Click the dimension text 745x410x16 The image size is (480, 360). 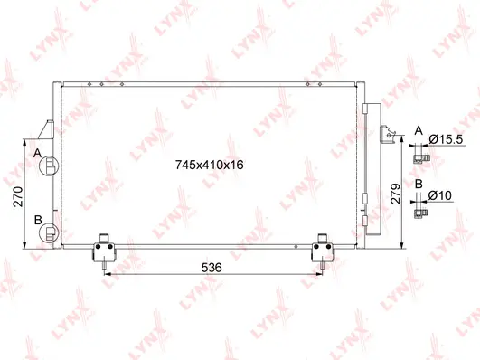click(x=210, y=165)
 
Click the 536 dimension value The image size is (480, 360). click(x=212, y=269)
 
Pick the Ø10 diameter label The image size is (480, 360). click(x=441, y=195)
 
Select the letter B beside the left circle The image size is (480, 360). click(x=38, y=220)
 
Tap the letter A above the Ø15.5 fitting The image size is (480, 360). click(x=419, y=130)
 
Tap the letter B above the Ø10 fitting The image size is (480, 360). click(x=419, y=184)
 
